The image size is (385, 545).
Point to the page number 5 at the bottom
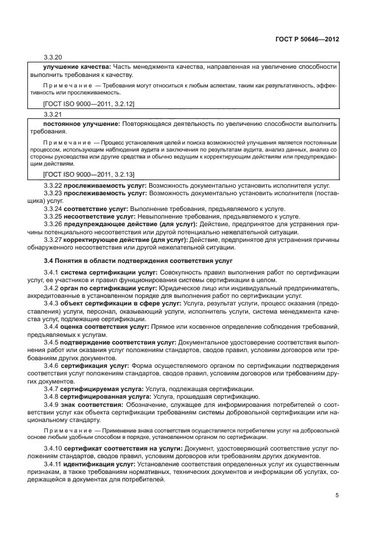pyautogui.click(x=337, y=495)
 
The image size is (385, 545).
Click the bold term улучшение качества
pyautogui.click(x=77, y=66)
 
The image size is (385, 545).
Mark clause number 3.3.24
pyautogui.click(x=53, y=208)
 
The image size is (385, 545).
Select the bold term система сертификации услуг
pyautogui.click(x=110, y=272)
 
